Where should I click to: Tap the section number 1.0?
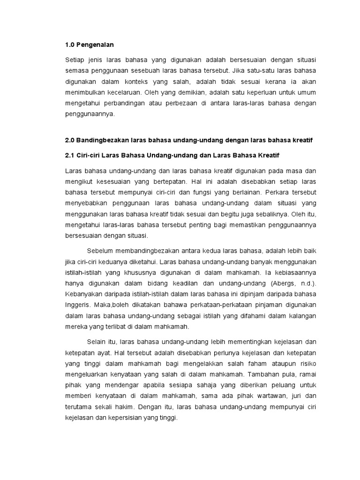tap(70, 45)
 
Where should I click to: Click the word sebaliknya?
tap(268, 214)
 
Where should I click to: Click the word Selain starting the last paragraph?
tap(97, 341)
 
